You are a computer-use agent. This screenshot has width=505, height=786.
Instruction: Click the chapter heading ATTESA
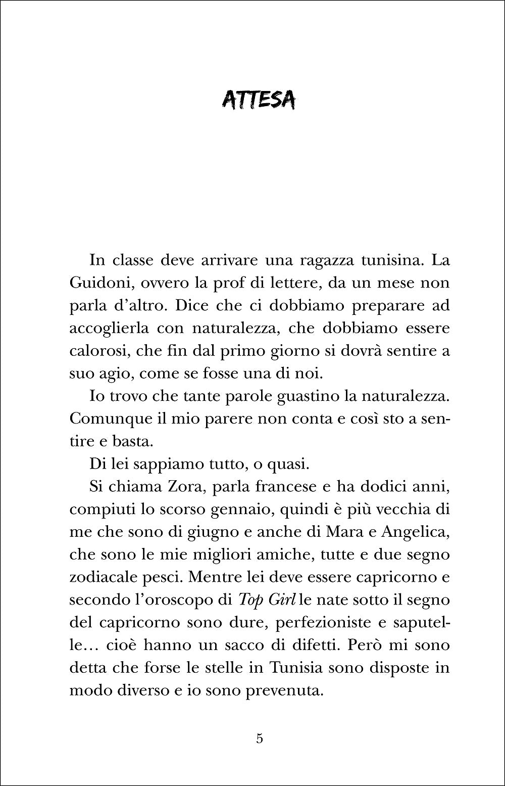click(x=259, y=100)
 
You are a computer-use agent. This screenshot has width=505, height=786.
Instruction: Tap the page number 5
click(x=259, y=738)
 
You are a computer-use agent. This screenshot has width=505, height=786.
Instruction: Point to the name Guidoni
click(x=97, y=284)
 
